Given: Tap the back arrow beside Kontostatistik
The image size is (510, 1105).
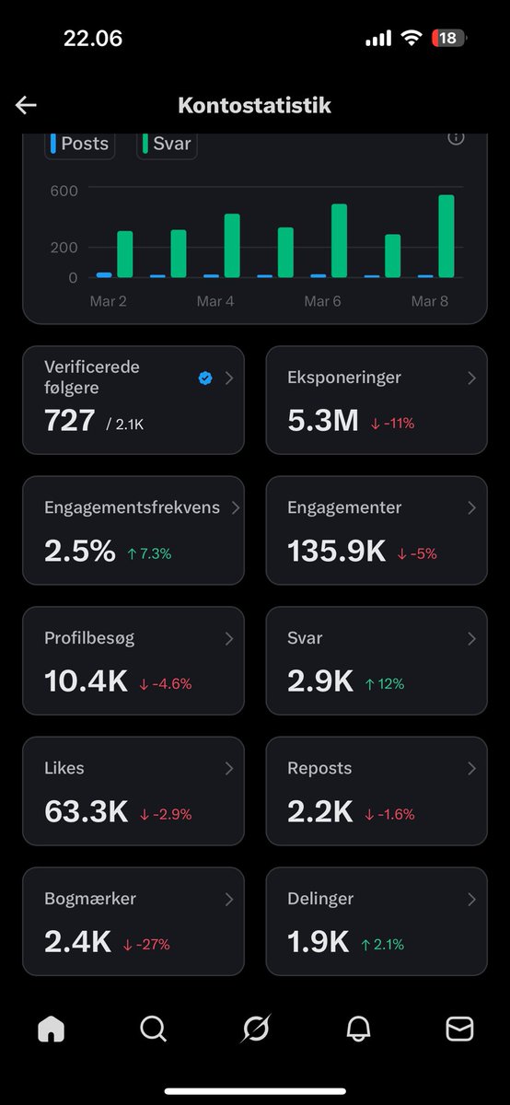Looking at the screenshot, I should click(x=26, y=105).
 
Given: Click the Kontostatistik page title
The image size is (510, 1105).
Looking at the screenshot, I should click(x=254, y=105).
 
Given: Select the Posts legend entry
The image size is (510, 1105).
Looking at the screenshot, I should click(x=80, y=144).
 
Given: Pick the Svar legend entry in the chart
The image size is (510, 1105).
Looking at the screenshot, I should click(x=167, y=145).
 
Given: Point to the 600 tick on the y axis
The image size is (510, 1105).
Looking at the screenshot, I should click(x=64, y=191).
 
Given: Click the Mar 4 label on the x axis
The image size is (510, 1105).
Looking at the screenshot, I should click(x=214, y=301).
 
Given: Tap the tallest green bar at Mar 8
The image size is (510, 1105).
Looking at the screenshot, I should click(x=446, y=236).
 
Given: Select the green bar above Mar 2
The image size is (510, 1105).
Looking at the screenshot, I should click(x=125, y=254).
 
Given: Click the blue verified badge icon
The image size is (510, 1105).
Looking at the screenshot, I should click(x=205, y=378).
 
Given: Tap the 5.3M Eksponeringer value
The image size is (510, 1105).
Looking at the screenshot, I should click(x=322, y=421).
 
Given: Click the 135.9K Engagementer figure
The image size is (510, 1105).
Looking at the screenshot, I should click(x=336, y=552).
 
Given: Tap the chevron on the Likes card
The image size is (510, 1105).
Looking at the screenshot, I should click(x=229, y=768).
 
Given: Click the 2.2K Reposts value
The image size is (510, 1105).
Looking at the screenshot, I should click(x=319, y=812).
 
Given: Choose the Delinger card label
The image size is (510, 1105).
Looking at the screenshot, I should click(x=319, y=899).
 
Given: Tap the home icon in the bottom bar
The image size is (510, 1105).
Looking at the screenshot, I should click(x=52, y=1029).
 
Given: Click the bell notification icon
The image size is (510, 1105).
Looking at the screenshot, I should click(x=358, y=1029).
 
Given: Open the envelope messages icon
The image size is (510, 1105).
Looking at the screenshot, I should click(x=459, y=1029).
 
